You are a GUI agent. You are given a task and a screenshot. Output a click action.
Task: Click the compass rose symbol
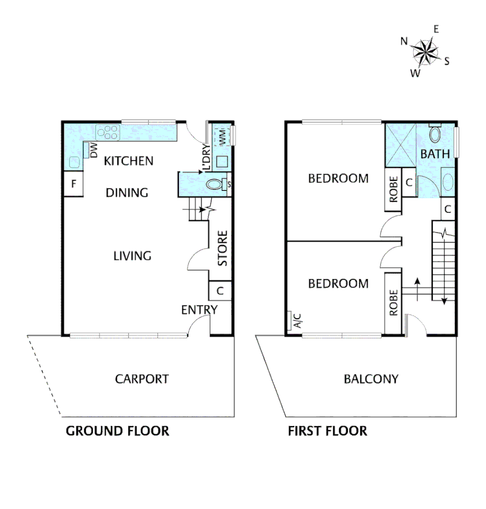pos(424,51)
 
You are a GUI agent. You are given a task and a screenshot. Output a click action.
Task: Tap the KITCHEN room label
pos(129,161)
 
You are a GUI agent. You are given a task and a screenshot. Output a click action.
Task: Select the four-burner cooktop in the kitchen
pos(108,132)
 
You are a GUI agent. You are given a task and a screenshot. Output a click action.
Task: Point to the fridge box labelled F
pos(73,185)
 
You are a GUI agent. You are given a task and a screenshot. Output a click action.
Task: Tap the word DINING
pos(127,193)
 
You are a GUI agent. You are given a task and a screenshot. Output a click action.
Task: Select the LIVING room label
pos(132,256)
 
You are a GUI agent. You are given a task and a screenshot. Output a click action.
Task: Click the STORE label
pos(223,248)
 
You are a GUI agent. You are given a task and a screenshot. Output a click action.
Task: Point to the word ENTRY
pos(199,310)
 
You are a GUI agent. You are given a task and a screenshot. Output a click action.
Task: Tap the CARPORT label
pos(141,379)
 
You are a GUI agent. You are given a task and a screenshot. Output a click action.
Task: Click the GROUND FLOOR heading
pos(117,431)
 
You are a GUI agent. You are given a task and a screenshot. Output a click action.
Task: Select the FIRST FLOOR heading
pos(327,431)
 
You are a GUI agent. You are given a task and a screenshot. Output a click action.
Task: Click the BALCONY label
pos(371,379)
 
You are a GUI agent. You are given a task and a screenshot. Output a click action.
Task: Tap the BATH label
pos(435,154)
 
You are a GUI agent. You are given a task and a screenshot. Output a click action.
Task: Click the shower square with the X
pos(400,145)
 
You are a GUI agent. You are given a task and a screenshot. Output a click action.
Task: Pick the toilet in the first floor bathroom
pos(435,134)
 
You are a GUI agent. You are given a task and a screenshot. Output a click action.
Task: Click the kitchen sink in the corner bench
pos(75,162)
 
